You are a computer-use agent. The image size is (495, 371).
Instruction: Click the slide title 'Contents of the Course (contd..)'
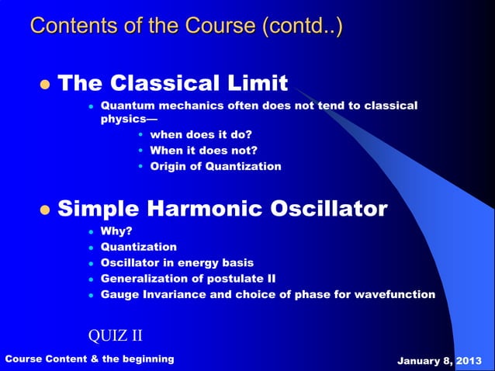[x=186, y=26]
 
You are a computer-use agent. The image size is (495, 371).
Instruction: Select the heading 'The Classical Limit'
[x=173, y=82]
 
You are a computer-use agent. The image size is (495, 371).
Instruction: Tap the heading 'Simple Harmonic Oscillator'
[x=223, y=209]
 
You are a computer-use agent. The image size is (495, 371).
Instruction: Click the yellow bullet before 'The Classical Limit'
[x=44, y=84]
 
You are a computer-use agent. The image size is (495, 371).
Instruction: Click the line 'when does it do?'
[x=201, y=134]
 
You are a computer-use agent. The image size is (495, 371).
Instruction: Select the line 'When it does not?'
[x=203, y=151]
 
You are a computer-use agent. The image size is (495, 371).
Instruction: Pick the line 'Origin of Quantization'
[x=216, y=166]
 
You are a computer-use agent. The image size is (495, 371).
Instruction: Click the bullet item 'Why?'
[x=116, y=231]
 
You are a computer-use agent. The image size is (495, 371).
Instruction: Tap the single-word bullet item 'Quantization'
[x=139, y=247]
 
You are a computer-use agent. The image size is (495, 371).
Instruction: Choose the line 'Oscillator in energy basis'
[x=177, y=262]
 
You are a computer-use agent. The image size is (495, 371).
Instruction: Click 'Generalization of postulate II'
[x=188, y=278]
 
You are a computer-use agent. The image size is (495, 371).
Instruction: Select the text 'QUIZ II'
[x=115, y=335]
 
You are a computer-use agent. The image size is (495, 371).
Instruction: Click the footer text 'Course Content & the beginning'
[x=90, y=359]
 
